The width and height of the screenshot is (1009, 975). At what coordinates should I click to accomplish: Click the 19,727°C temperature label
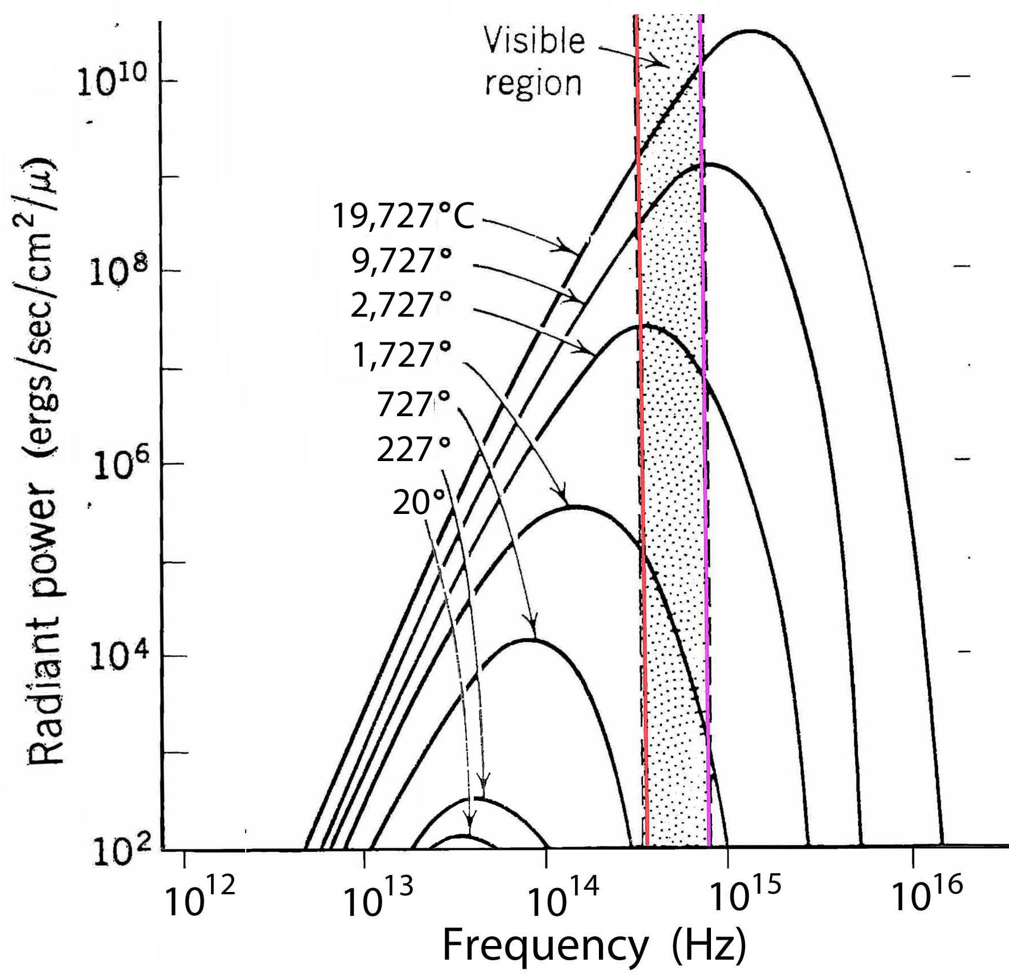tap(403, 217)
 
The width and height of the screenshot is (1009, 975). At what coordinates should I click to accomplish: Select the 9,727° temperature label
tap(402, 262)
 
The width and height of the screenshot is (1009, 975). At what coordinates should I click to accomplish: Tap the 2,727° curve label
tap(401, 305)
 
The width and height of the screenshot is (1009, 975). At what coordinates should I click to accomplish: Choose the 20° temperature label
tap(419, 503)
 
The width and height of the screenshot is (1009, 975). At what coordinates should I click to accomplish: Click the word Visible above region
tap(534, 42)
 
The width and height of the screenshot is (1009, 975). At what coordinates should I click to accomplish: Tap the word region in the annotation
tap(533, 83)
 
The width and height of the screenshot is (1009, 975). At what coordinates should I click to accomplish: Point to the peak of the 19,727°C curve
tap(752, 31)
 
